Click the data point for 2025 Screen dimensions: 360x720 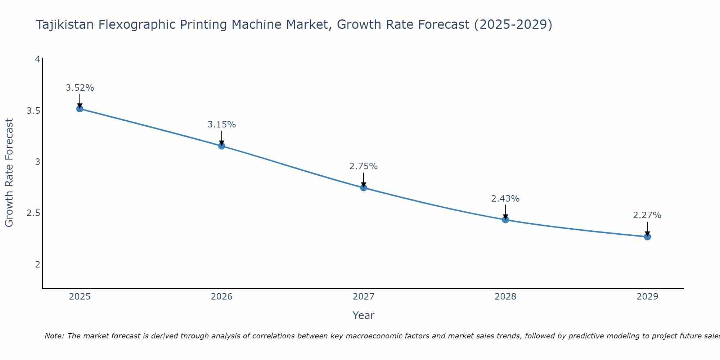point(80,109)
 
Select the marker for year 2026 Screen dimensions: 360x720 point(222,146)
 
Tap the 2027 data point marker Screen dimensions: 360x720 point(364,188)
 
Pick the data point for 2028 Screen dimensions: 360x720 point(505,220)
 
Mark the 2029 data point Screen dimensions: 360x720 point(647,237)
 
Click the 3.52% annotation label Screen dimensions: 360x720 point(80,88)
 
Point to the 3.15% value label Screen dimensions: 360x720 point(222,125)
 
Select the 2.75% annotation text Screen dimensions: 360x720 point(364,166)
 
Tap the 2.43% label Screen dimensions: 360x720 point(505,199)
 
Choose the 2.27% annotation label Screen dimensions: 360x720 point(647,215)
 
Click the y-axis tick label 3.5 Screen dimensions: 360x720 point(33,111)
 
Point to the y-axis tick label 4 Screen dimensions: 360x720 point(37,59)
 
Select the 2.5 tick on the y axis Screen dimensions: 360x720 point(33,213)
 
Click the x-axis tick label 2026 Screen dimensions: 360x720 point(222,297)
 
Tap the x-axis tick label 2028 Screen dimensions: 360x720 point(505,297)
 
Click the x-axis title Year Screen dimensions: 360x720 point(364,315)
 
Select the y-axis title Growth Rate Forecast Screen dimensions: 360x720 point(9,173)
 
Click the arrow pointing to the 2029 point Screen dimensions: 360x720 point(647,228)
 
